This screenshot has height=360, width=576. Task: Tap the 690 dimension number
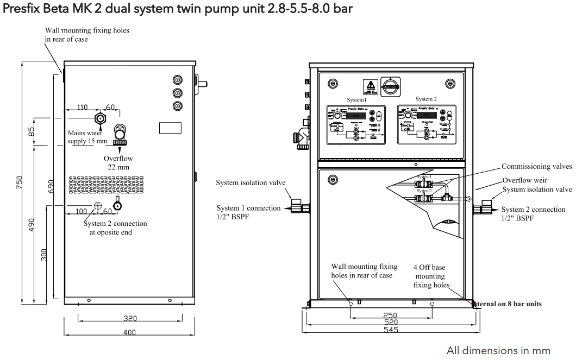pos(51,187)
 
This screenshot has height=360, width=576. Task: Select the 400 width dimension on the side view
pos(129,332)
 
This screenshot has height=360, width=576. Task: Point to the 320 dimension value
pos(129,318)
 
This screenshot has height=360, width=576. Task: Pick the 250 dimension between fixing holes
pos(390,315)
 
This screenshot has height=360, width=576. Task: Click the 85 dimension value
pos(32,131)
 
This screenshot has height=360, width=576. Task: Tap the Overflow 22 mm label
pos(118,163)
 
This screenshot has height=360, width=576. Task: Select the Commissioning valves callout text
pos(536,167)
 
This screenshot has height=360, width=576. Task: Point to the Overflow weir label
pos(524,180)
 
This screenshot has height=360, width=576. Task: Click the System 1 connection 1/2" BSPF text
pos(248,212)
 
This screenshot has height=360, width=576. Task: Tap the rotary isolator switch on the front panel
pos(390,84)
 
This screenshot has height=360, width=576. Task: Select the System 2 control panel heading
pos(426,99)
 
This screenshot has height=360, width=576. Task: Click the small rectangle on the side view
pos(170,128)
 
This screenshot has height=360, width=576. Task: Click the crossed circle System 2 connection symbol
pos(98,206)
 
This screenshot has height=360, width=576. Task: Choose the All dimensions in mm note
pos(498,350)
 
